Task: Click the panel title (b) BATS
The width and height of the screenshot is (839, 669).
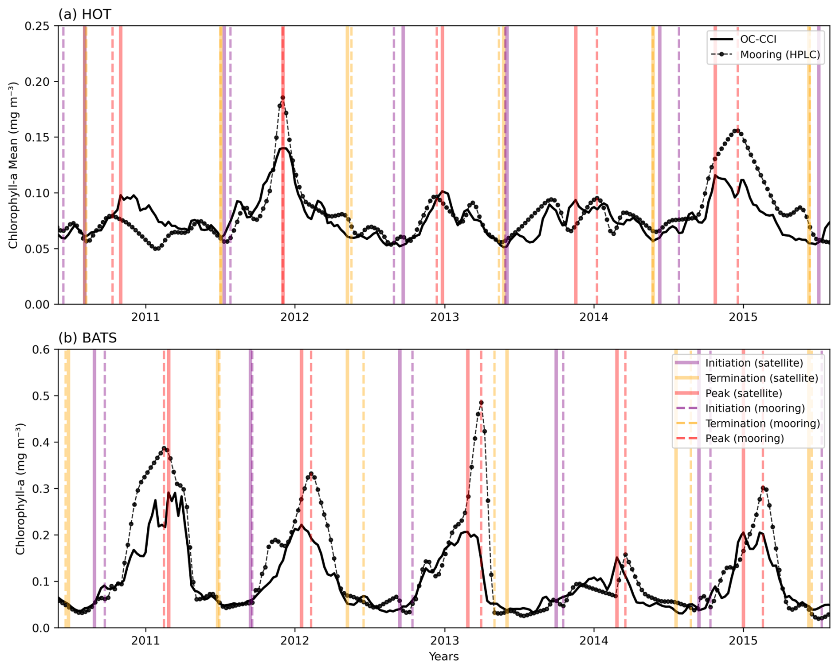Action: click(x=87, y=338)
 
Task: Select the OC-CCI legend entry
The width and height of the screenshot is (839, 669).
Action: click(x=758, y=39)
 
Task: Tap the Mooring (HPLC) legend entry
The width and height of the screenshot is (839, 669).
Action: click(x=780, y=55)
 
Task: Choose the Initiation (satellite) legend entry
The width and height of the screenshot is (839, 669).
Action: click(x=754, y=363)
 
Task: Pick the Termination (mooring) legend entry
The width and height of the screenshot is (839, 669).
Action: click(x=762, y=424)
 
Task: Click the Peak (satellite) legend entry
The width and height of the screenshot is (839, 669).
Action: click(x=744, y=393)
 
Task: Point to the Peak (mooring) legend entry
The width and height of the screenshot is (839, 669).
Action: click(x=745, y=439)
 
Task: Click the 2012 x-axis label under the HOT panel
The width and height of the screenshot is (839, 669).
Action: click(x=294, y=317)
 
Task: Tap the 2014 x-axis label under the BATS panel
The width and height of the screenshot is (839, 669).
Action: click(x=594, y=641)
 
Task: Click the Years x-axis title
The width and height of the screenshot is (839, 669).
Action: click(x=443, y=657)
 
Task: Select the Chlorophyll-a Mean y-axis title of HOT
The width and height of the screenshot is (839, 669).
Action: click(x=13, y=165)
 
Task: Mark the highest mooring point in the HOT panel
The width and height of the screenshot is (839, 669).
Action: click(x=282, y=98)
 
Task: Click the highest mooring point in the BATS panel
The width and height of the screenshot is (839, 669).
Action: click(x=481, y=403)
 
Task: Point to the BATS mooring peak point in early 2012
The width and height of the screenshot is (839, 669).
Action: click(x=311, y=474)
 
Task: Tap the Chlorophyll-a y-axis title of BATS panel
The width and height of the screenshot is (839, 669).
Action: click(x=20, y=488)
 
